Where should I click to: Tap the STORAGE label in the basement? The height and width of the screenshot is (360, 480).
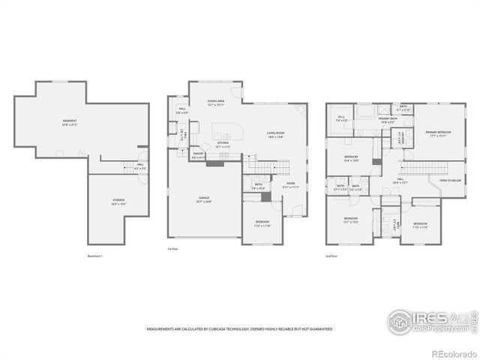pyautogui.click(x=119, y=200)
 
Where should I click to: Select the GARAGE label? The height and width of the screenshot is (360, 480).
pyautogui.click(x=204, y=199)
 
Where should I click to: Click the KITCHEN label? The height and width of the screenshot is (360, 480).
pyautogui.click(x=223, y=143)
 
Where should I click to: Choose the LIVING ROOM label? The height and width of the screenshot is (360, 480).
pyautogui.click(x=275, y=134)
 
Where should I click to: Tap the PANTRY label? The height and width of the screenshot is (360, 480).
pyautogui.click(x=198, y=157)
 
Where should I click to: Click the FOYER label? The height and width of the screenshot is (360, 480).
pyautogui.click(x=289, y=184)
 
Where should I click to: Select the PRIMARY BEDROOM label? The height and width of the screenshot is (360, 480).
pyautogui.click(x=438, y=133)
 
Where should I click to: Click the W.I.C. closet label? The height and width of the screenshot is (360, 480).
pyautogui.click(x=340, y=117)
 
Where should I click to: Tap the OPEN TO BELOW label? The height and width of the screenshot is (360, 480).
pyautogui.click(x=449, y=181)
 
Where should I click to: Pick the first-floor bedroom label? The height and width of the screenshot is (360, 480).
pyautogui.click(x=262, y=222)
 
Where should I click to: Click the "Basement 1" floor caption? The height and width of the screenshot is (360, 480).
pyautogui.click(x=94, y=256)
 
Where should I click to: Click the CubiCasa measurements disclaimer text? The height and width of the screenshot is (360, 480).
pyautogui.click(x=240, y=328)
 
